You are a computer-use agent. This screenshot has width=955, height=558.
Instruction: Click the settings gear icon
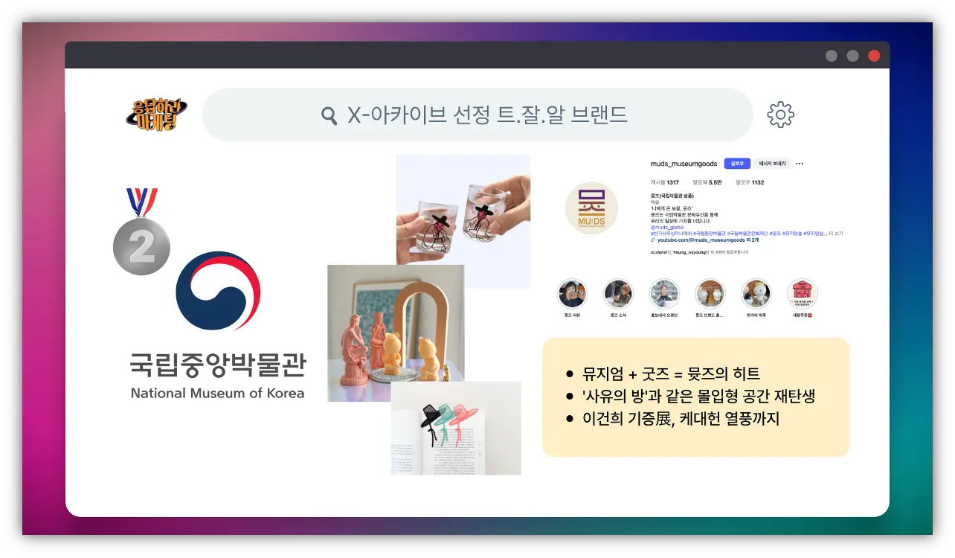[x=780, y=115]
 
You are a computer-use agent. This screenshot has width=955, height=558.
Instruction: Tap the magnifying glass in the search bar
[x=329, y=115]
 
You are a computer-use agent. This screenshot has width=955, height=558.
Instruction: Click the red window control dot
[x=874, y=56]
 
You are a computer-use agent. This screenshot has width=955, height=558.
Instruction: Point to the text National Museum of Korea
[x=217, y=393]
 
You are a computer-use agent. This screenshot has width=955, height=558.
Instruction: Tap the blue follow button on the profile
[x=736, y=164]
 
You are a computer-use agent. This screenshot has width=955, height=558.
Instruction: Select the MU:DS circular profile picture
[x=591, y=208]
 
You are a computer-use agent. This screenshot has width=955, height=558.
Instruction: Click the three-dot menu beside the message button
[x=800, y=164]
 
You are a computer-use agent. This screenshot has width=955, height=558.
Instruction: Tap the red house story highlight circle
[x=802, y=294]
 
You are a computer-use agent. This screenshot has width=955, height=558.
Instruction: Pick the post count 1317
[x=672, y=182]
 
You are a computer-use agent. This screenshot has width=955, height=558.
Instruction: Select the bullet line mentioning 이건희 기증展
[x=681, y=418]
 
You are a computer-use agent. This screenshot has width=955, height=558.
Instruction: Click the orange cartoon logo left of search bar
[x=156, y=115]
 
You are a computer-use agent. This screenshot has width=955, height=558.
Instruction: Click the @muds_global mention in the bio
[x=666, y=227]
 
